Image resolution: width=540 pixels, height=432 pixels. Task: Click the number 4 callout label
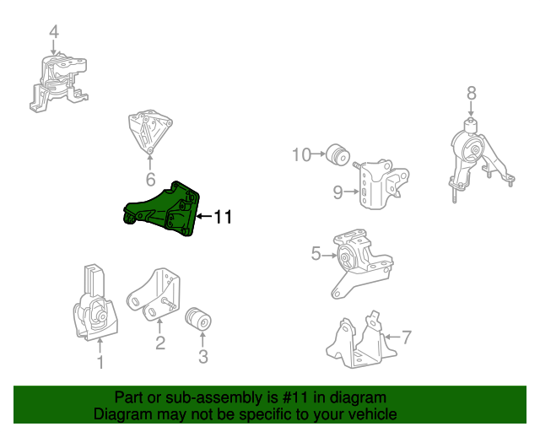point(54,32)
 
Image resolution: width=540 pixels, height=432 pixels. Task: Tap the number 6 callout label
point(150,180)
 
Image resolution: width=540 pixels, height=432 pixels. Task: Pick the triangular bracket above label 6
point(149,131)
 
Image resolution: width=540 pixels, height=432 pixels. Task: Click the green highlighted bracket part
point(164,209)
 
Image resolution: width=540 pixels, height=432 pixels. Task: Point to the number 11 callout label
point(222,218)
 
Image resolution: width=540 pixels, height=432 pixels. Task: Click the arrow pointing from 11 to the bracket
point(202,218)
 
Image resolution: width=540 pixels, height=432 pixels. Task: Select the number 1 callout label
point(100,362)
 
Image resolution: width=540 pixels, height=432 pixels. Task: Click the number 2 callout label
point(159,343)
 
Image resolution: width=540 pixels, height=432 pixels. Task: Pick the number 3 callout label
point(202,357)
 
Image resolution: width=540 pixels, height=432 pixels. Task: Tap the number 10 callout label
point(301,154)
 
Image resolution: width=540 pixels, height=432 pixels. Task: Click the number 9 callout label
point(337,193)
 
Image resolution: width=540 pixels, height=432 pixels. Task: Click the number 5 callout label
point(316,253)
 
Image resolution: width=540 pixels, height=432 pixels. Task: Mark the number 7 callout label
point(406,338)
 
